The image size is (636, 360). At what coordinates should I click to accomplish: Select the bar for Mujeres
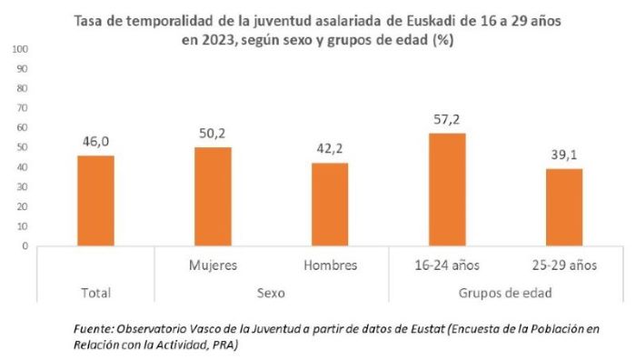tap(213, 196)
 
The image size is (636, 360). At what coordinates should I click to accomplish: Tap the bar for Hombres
tap(330, 205)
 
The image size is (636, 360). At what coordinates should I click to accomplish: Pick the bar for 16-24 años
tap(447, 190)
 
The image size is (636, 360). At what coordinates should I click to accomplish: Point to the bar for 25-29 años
tap(563, 207)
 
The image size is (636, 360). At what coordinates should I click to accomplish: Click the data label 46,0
tap(95, 142)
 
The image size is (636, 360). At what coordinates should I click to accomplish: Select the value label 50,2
tap(213, 134)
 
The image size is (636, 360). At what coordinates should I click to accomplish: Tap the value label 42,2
tap(330, 149)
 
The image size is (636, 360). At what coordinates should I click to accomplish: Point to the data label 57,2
tap(447, 120)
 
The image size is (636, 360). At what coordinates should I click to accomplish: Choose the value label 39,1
tap(564, 155)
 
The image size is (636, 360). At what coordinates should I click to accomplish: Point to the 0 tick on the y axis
tap(25, 245)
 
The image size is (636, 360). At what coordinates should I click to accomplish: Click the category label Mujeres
tap(213, 265)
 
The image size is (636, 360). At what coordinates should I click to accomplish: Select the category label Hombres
tap(330, 265)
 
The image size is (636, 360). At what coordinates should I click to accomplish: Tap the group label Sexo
tap(271, 293)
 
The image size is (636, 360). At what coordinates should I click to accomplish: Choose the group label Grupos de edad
tap(505, 293)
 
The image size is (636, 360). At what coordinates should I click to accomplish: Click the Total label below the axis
tap(95, 293)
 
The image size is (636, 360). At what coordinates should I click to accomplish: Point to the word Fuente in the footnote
tap(92, 326)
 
